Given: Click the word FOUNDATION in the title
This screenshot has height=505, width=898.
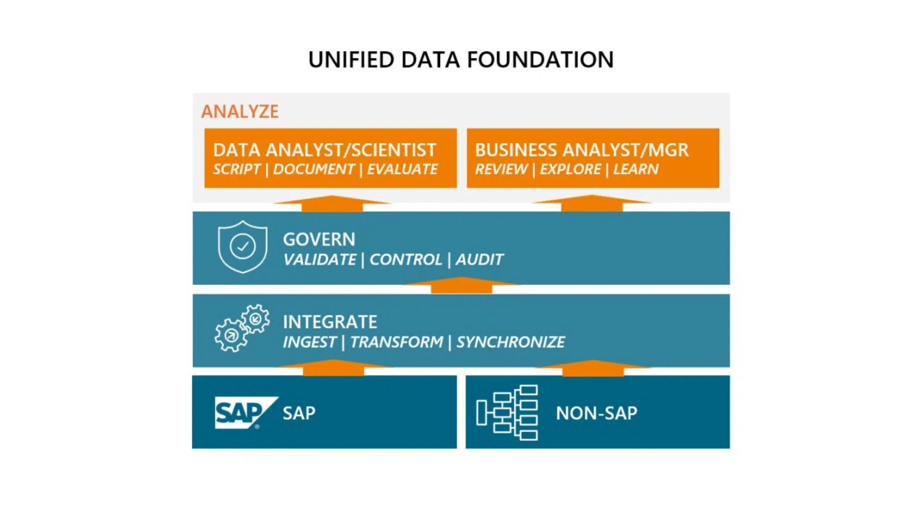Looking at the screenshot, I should pos(540,60).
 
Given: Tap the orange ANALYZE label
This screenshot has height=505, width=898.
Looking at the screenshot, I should pos(240,112).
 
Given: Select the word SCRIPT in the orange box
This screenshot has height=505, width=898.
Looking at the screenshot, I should pos(236,169).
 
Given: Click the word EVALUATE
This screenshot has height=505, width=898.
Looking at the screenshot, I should pos(402,169).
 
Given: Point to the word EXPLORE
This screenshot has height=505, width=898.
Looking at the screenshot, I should pos(570,169).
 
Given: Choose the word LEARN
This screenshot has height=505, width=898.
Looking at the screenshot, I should pos(636,169).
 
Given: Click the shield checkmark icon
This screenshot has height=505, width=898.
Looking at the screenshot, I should pos(243,246).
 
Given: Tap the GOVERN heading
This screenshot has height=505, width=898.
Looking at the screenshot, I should pos(319,239).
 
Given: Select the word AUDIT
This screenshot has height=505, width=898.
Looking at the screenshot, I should pos(479,260).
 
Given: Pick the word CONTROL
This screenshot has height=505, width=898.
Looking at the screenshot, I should pos(406,260).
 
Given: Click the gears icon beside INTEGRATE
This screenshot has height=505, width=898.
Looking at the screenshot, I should pos(242,328).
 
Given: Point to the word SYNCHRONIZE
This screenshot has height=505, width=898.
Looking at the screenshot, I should pos(510,342).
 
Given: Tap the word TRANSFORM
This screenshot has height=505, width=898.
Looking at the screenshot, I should pos(397,342).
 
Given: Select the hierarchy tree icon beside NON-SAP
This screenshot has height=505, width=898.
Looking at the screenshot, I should pos(507,412).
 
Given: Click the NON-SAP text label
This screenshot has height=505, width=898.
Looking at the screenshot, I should pos(596,413).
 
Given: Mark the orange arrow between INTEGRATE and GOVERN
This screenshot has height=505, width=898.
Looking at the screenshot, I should pos(461,285).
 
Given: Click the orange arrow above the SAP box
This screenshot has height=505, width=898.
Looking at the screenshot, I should pos(333,368).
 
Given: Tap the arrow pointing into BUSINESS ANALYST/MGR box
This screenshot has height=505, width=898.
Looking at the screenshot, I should pos(592,203).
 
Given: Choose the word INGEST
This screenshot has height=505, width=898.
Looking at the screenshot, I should pos(309,342).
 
